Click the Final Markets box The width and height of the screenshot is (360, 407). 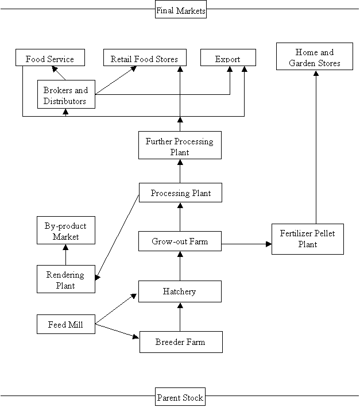[181, 9]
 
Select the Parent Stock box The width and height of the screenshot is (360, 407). [180, 397]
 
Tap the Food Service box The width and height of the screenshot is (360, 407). [50, 57]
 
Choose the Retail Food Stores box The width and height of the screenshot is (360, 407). [145, 57]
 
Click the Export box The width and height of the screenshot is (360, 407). [228, 57]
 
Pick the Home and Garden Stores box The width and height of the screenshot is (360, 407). [315, 56]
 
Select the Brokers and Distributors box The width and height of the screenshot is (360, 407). [66, 94]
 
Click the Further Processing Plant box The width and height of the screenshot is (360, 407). [180, 145]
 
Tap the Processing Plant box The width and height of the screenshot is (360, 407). [180, 193]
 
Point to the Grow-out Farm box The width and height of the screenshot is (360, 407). [180, 241]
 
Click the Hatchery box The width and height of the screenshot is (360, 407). [180, 291]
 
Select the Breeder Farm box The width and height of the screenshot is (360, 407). [181, 342]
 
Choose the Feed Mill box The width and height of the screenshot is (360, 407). [66, 324]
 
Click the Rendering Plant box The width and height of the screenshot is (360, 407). [66, 279]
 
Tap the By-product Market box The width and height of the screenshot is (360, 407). [66, 231]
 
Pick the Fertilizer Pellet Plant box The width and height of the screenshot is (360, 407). [308, 239]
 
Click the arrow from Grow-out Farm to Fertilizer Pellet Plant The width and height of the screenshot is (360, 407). [246, 244]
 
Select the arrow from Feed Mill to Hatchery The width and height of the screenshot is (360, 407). [116, 309]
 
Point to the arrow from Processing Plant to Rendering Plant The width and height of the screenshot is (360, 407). [117, 237]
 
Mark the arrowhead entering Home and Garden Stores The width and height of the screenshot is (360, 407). [316, 73]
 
